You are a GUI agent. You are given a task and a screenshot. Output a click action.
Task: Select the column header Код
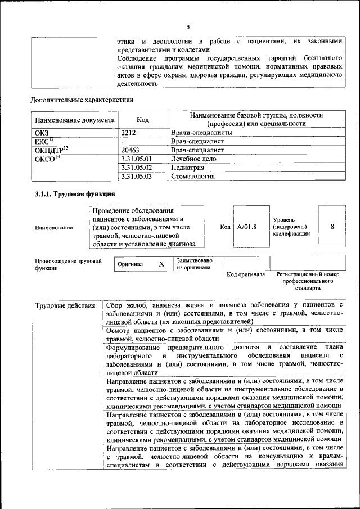143,120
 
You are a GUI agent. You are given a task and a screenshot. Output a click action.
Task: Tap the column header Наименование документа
75,120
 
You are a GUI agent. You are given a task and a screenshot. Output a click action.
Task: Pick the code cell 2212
129,133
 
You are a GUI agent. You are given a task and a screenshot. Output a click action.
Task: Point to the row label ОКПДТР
51,150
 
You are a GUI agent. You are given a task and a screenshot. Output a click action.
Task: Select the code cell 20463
130,150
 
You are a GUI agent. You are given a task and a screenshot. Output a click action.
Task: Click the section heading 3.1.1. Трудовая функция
75,195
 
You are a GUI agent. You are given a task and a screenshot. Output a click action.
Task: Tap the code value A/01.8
247,227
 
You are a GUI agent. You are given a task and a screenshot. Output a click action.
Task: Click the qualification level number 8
332,227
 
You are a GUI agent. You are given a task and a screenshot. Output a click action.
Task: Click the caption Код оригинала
246,274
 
